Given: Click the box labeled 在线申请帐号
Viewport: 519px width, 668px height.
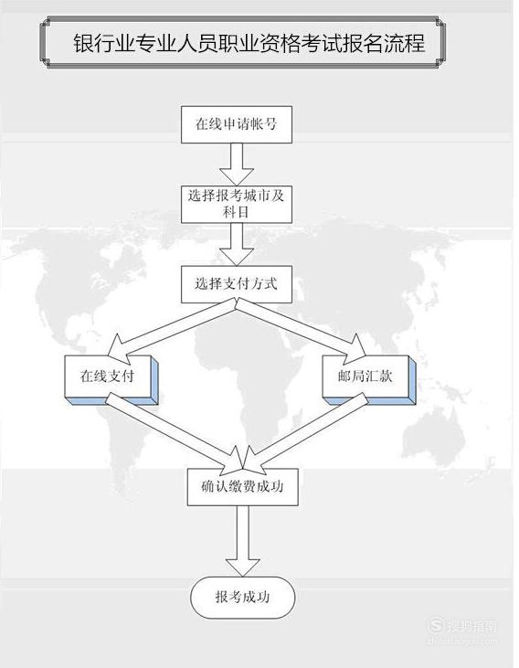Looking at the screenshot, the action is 237,124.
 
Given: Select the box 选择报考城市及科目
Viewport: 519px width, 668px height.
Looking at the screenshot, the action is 237,204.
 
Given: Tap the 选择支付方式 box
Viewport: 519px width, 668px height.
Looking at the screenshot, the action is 237,284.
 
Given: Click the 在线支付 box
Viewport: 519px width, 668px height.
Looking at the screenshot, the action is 111,379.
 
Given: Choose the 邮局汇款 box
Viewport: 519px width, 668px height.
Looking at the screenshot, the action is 369,379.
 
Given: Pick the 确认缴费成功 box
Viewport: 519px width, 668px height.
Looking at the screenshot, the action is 242,487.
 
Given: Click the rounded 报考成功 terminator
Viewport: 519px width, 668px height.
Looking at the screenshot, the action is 242,598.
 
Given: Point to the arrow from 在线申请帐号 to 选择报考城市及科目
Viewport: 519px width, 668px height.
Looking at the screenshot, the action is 237,164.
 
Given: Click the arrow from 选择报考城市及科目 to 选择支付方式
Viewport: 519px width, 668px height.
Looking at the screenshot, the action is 237,244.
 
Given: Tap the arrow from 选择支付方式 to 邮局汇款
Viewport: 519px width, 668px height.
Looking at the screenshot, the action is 302,329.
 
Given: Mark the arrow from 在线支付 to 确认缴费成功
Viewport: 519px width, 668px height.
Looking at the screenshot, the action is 175,432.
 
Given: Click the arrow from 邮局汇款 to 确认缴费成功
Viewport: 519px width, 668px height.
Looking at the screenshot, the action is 306,432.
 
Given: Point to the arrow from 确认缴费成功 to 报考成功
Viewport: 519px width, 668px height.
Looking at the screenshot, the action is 242,541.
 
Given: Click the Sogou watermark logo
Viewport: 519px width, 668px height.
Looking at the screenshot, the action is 436,625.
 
